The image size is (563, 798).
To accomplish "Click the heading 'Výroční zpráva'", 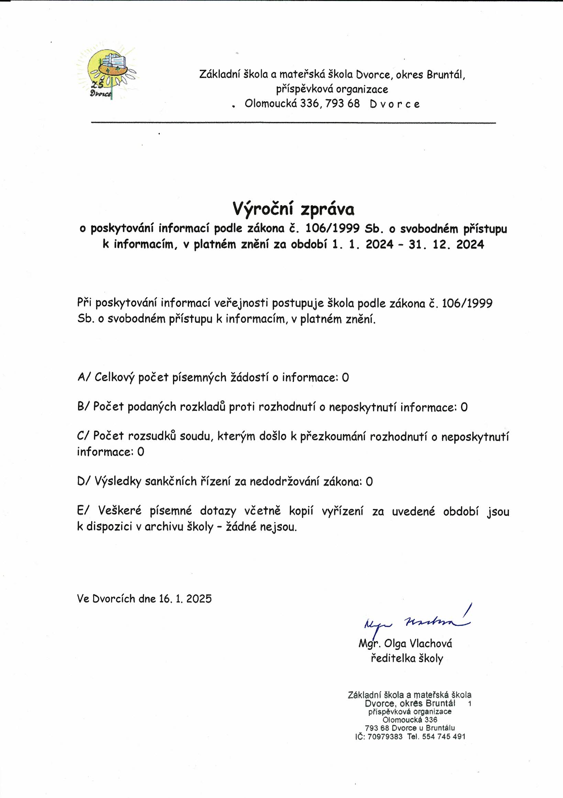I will point(293,209).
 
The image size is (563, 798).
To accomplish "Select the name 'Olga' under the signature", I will point(396,643).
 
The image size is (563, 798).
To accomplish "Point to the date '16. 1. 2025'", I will point(185,599).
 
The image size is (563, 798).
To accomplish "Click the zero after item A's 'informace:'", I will point(345,377).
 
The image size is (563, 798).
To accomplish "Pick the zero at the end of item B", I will point(464,407).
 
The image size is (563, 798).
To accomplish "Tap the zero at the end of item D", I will point(369,482).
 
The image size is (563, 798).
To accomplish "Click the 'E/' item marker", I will point(84,511).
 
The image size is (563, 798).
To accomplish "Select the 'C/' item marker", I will point(84,436).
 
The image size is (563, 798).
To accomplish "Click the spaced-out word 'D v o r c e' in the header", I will point(395,104).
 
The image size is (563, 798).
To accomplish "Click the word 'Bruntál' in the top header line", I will point(446,74).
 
